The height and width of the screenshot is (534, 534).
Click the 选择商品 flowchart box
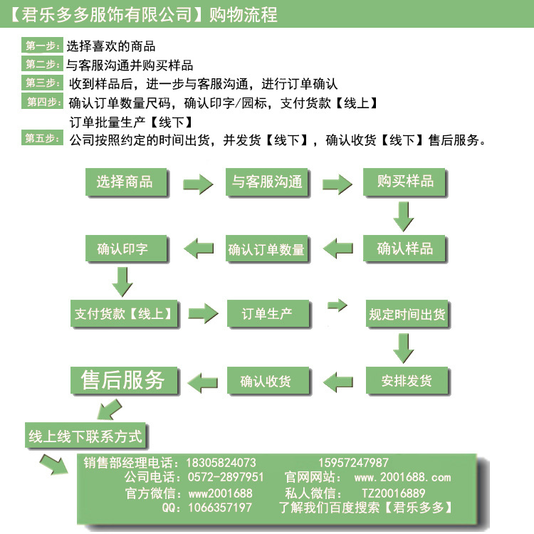125,182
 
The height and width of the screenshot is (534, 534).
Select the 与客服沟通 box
266,182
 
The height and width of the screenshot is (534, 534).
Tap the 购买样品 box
405,182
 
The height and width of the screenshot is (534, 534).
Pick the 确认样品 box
405,248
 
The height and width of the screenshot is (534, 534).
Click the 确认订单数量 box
266,249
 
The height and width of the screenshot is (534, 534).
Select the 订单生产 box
266,313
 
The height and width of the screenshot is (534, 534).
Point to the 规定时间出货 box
407,314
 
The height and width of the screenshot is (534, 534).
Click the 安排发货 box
407,380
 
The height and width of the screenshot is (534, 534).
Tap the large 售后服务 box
123,380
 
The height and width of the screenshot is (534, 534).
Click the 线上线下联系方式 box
86,435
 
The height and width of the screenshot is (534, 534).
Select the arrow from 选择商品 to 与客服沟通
197,183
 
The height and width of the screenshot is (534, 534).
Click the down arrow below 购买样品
404,216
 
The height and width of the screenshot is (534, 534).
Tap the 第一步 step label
43,46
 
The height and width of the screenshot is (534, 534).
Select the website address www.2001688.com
402,477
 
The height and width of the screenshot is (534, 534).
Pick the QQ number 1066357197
220,508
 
